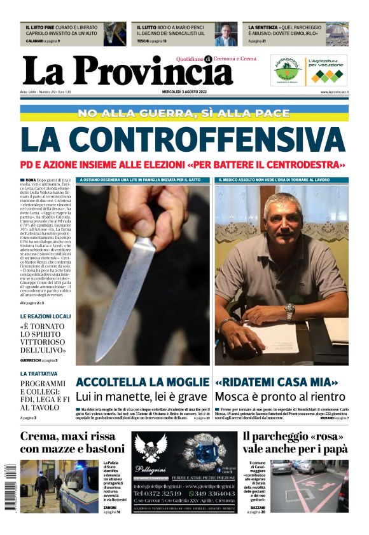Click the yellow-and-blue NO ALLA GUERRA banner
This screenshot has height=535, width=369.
[x=183, y=113]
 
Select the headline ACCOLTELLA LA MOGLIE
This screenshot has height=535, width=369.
[x=142, y=383]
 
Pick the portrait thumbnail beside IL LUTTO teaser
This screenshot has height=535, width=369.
[x=224, y=34]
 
